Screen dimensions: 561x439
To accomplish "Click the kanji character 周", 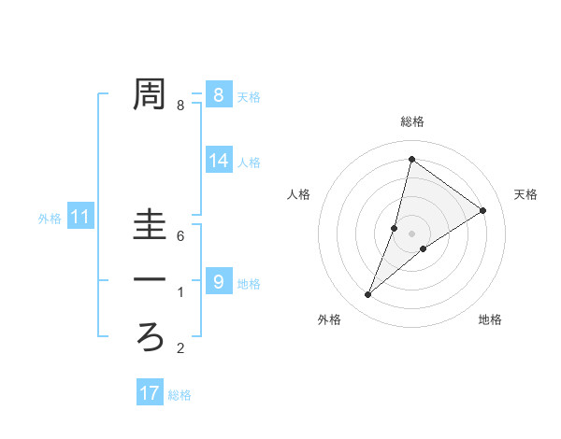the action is pyautogui.click(x=150, y=94).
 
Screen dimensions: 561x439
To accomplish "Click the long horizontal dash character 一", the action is pyautogui.click(x=150, y=280).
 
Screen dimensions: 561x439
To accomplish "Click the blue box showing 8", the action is pyautogui.click(x=218, y=94).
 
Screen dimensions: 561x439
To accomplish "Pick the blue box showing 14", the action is pyautogui.click(x=218, y=161).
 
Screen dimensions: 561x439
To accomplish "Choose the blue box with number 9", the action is pyautogui.click(x=218, y=281).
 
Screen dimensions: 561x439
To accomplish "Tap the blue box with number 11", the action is pyautogui.click(x=80, y=218).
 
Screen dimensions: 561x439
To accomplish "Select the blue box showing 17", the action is pyautogui.click(x=150, y=392).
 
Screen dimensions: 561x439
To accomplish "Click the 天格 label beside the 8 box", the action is pyautogui.click(x=249, y=96).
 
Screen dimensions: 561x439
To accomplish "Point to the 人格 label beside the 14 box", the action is pyautogui.click(x=249, y=163).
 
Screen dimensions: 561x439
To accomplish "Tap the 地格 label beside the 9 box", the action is pyautogui.click(x=249, y=283).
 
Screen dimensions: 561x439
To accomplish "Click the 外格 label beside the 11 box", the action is pyautogui.click(x=50, y=219).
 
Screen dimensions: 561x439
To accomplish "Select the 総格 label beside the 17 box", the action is pyautogui.click(x=180, y=395).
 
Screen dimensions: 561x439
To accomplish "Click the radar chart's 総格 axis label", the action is pyautogui.click(x=412, y=121).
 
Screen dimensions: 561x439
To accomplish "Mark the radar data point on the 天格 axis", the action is pyautogui.click(x=483, y=210).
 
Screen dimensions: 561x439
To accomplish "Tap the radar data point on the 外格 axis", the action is pyautogui.click(x=368, y=295).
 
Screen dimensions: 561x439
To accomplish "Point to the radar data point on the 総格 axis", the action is pyautogui.click(x=411, y=159).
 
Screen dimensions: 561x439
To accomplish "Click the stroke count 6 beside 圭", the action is pyautogui.click(x=180, y=236).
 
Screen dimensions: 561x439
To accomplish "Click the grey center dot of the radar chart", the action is pyautogui.click(x=412, y=234).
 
